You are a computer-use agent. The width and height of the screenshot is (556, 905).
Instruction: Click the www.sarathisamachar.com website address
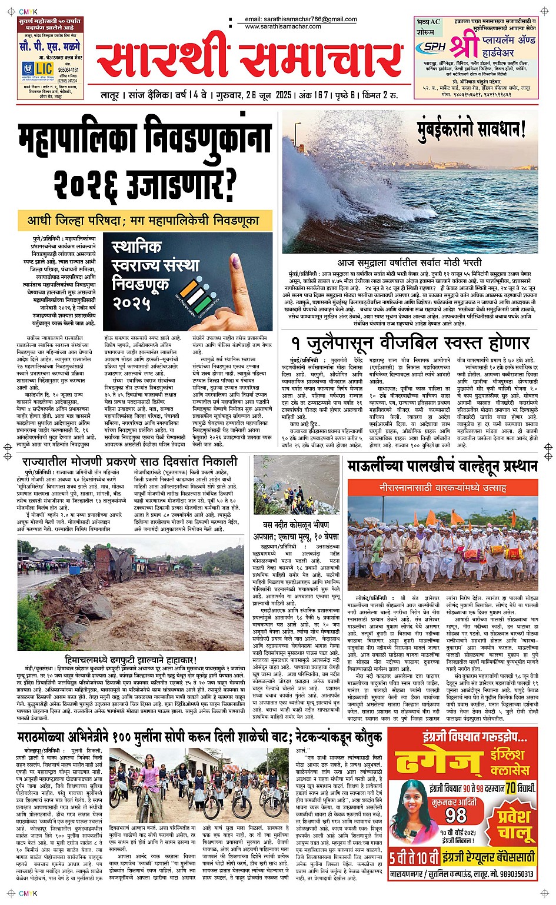[x=283, y=27]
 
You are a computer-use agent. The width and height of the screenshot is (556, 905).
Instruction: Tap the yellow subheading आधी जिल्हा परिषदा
[x=151, y=221]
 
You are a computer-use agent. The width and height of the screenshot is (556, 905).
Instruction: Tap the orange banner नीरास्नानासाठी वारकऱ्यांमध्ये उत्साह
[x=442, y=488]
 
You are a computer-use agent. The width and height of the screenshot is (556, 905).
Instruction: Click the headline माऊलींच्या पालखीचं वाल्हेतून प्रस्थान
[x=442, y=467]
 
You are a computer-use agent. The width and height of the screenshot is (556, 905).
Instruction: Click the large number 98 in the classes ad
[x=456, y=815]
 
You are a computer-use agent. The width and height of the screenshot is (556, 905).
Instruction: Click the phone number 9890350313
[x=508, y=874]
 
